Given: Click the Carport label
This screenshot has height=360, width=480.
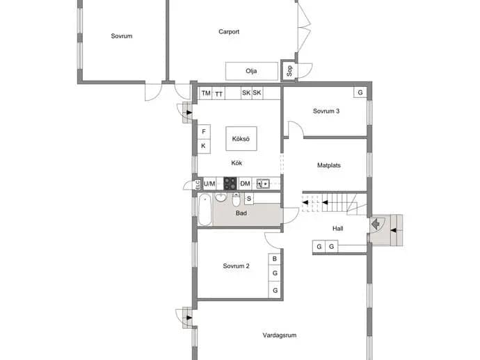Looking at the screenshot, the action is pyautogui.click(x=229, y=31).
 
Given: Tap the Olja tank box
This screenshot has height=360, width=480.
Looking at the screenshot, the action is pyautogui.click(x=252, y=71).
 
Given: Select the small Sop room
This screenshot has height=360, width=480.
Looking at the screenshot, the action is pyautogui.click(x=289, y=71).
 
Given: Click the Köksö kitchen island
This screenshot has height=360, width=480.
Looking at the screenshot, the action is pyautogui.click(x=241, y=138).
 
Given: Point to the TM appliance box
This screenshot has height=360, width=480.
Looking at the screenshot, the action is pyautogui.click(x=206, y=93).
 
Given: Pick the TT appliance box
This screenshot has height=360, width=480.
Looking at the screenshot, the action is pyautogui.click(x=218, y=94).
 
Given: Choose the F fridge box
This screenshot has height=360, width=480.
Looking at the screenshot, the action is pyautogui.click(x=204, y=131).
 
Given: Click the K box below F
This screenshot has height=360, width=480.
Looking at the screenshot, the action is pyautogui.click(x=204, y=146).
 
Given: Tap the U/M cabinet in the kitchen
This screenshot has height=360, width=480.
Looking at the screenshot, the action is pyautogui.click(x=209, y=183).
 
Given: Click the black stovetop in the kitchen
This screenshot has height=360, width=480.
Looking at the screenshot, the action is pyautogui.click(x=230, y=183).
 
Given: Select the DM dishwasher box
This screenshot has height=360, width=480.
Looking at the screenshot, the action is pyautogui.click(x=245, y=183).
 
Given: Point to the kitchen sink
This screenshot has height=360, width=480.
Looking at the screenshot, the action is pyautogui.click(x=263, y=183).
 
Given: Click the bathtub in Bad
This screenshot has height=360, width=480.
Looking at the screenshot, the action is pyautogui.click(x=205, y=209).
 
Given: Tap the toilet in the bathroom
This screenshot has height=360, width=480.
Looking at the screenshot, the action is pyautogui.click(x=236, y=199).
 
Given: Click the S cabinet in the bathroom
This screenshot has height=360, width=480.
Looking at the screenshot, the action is pyautogui.click(x=249, y=199).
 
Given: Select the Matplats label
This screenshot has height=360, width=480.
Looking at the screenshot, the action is pyautogui.click(x=329, y=165).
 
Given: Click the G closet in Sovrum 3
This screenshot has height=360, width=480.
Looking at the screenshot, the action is pyautogui.click(x=360, y=92).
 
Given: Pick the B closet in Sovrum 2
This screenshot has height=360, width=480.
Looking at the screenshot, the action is pyautogui.click(x=275, y=259).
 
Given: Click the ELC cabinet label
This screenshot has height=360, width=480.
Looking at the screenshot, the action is pyautogui.click(x=198, y=185).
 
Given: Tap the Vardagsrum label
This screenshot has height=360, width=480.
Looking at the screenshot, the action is pyautogui.click(x=280, y=335).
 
